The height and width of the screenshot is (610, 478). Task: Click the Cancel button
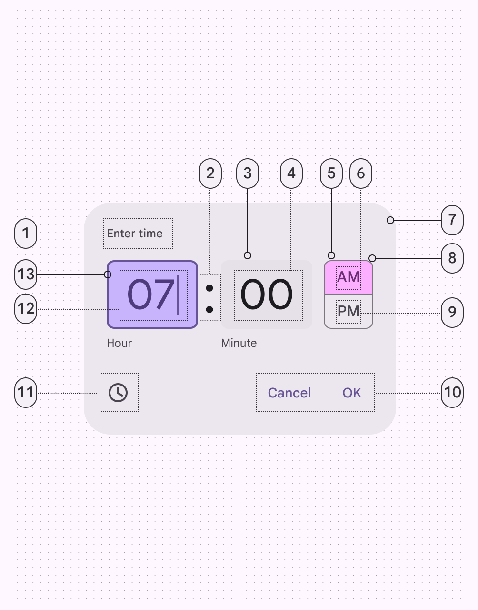[289, 393]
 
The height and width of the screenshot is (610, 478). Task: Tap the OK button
[352, 393]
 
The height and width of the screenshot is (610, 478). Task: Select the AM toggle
[348, 277]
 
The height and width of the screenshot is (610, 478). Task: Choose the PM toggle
[348, 312]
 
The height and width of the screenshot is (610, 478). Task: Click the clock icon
[118, 393]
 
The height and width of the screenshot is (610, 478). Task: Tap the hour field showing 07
[152, 295]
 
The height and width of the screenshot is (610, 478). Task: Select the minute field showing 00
[267, 295]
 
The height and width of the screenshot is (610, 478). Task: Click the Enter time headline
[135, 234]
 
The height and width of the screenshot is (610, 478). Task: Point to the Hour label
[119, 343]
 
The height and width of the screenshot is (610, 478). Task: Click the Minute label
[239, 343]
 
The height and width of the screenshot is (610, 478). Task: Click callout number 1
[26, 234]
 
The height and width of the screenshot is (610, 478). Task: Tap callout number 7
[452, 220]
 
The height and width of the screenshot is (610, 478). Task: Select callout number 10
[452, 393]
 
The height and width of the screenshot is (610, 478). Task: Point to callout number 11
[26, 393]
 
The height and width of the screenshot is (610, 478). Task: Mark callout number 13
[26, 274]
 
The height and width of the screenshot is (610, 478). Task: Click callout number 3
[248, 173]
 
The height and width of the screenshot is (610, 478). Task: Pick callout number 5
[331, 173]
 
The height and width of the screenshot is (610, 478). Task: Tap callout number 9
[452, 313]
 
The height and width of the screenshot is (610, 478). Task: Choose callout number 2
[210, 173]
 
